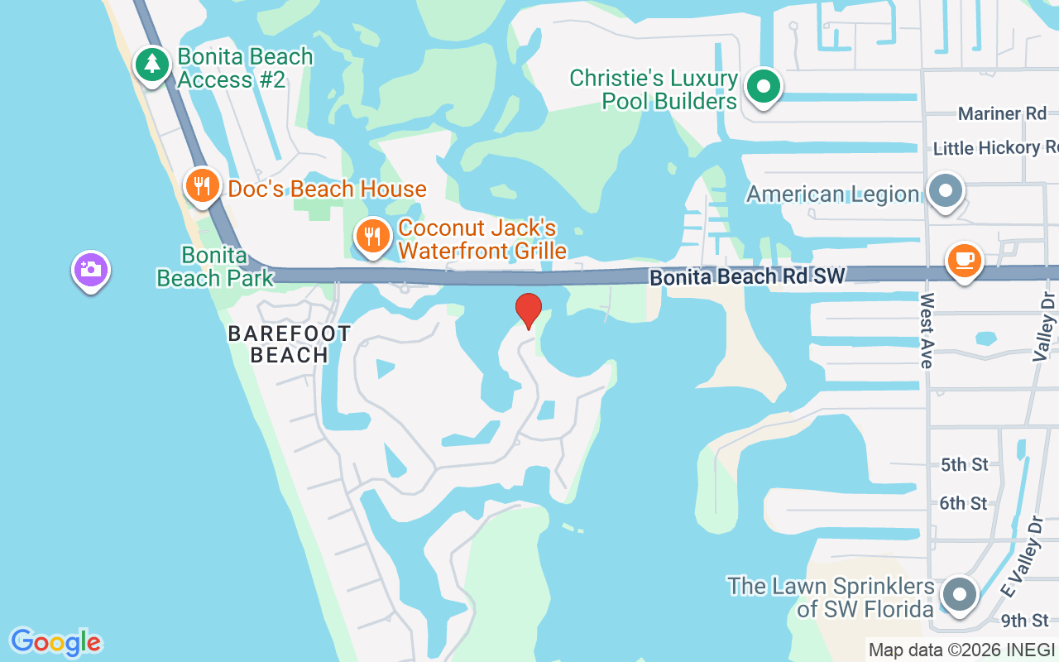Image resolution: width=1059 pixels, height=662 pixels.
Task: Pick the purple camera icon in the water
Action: tap(91, 270)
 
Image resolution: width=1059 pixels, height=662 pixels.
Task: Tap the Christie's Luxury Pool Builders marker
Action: tap(764, 86)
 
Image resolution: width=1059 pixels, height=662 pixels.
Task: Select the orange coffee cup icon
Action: tap(964, 261)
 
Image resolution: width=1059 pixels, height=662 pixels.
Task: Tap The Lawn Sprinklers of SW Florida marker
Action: tap(960, 594)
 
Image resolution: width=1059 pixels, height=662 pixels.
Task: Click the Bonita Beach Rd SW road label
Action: tap(747, 277)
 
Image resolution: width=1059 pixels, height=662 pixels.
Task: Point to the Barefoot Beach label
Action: tap(289, 344)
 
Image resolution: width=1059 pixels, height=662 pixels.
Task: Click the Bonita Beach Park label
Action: tap(215, 266)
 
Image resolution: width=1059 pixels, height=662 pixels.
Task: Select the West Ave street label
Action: tap(926, 329)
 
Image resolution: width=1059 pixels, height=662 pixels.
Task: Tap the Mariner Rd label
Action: tap(1002, 113)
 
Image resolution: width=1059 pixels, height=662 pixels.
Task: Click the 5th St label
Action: tap(964, 464)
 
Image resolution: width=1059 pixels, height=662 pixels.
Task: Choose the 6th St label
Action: tap(964, 502)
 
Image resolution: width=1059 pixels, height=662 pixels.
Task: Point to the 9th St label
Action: tap(1024, 620)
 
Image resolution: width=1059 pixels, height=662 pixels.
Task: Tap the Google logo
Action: tap(55, 642)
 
